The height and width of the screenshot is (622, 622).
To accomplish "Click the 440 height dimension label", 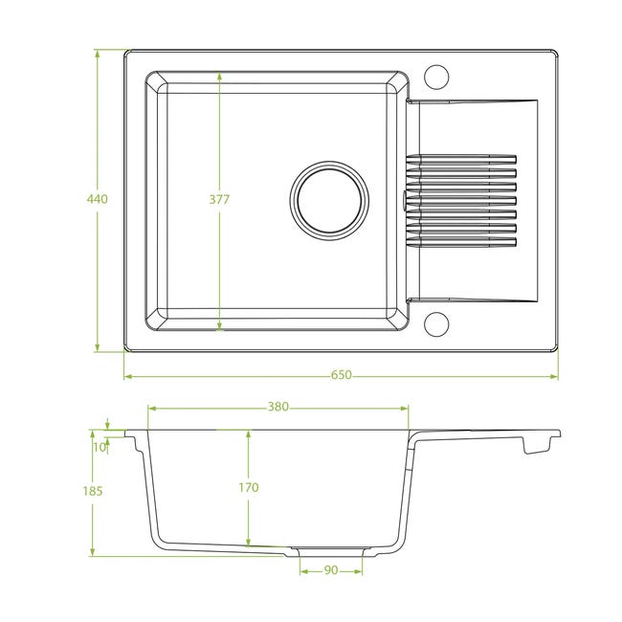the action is click(x=98, y=199).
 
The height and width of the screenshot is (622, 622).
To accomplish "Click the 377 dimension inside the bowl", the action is click(x=219, y=199).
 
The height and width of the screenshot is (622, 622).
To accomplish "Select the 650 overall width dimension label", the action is click(x=342, y=375).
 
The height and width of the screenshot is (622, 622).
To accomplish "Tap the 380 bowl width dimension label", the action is click(x=278, y=407).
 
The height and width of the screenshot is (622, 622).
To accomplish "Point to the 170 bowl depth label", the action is click(x=249, y=487).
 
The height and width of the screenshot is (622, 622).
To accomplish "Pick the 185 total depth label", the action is click(x=93, y=491).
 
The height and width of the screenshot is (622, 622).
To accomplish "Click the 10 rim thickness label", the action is click(x=100, y=447).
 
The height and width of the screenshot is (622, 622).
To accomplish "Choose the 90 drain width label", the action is click(x=331, y=570).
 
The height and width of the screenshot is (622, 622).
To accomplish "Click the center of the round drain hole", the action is click(x=329, y=200).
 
